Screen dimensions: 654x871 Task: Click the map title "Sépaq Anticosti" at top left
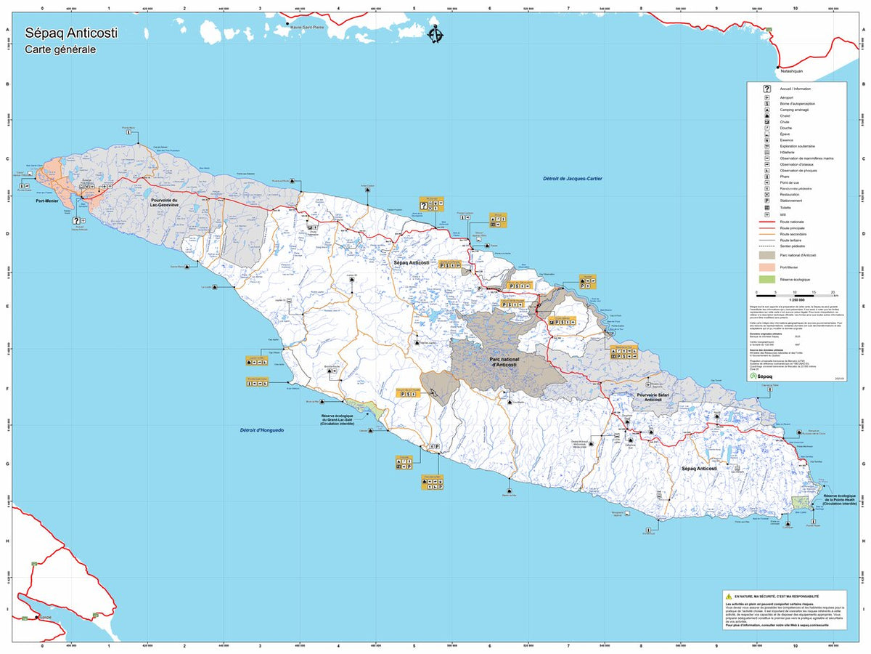(x=71, y=33)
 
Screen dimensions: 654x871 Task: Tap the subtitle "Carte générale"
(x=60, y=50)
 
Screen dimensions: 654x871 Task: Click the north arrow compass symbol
(x=435, y=35)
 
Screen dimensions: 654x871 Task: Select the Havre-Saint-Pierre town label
(x=307, y=27)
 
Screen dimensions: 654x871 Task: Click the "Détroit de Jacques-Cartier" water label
(x=573, y=179)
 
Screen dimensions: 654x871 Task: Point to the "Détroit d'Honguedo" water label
(x=262, y=430)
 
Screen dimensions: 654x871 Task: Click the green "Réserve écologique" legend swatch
(x=766, y=279)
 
